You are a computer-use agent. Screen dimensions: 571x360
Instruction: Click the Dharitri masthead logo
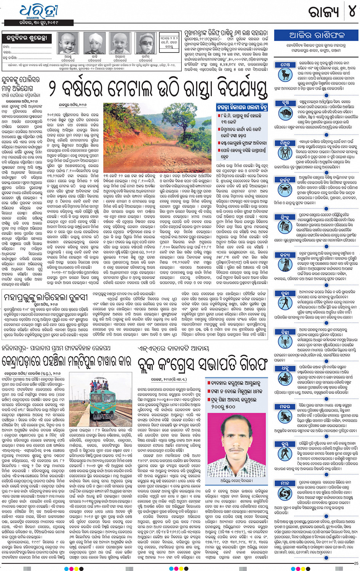tap(38, 11)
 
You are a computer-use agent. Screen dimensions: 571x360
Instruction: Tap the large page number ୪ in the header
tap(352, 11)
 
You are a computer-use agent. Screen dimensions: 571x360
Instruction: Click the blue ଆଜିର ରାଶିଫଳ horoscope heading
tap(316, 35)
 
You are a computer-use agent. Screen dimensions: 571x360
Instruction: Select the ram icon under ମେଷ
tap(285, 74)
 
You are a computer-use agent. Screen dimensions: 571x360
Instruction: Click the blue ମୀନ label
tap(285, 483)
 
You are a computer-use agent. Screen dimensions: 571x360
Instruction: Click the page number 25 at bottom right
tap(356, 563)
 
